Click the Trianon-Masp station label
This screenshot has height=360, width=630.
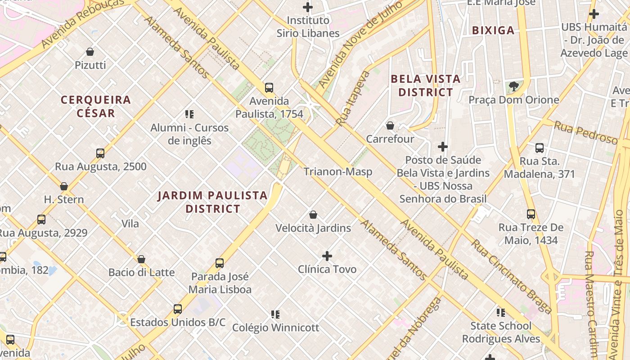pos(337,171)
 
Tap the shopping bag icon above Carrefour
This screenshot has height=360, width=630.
pos(390,126)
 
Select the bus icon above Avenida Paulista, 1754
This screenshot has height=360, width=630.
pos(269,88)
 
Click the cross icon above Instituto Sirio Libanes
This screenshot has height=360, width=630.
pos(308,7)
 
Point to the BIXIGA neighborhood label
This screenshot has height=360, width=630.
pos(493,30)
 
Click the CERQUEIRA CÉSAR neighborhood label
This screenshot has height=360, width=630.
pos(96,106)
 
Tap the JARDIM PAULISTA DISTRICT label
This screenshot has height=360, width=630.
pos(213,202)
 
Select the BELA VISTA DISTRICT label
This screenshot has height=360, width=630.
pos(426,85)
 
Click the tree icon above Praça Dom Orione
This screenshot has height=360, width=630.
pos(513,86)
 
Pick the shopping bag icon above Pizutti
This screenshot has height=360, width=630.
pos(90,52)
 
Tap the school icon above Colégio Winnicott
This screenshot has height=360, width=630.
pos(275,314)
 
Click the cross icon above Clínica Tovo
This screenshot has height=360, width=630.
pos(327,256)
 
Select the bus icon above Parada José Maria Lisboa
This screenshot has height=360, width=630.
pos(220,263)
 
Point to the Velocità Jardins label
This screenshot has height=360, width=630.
pos(313,228)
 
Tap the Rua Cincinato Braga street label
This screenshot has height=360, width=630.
pos(511,276)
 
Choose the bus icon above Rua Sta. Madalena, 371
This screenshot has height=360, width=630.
pos(539,148)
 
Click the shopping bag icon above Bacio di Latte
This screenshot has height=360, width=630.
pos(141,259)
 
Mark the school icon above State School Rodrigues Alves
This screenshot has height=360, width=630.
pos(501,312)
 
